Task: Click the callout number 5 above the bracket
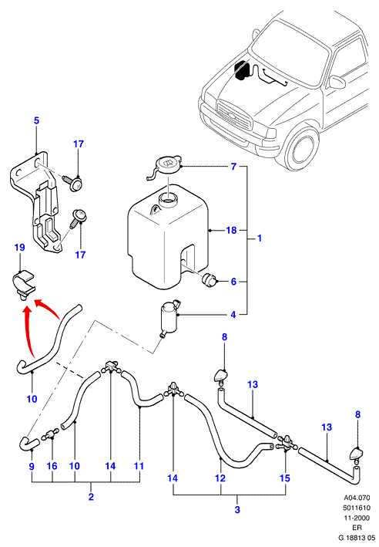point(36,120)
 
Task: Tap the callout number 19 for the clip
point(20,248)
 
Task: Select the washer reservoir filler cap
point(164,167)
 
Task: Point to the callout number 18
point(231,230)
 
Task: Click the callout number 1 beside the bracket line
point(260,238)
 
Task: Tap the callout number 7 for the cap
point(233,167)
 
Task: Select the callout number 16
point(52,466)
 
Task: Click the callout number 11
point(139,466)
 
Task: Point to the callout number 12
point(220,478)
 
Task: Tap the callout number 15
point(285,478)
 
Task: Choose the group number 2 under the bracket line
point(91,497)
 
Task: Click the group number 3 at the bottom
point(237,509)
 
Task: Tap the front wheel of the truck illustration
point(302,149)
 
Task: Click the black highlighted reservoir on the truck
point(242,70)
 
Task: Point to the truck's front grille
point(234,115)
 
